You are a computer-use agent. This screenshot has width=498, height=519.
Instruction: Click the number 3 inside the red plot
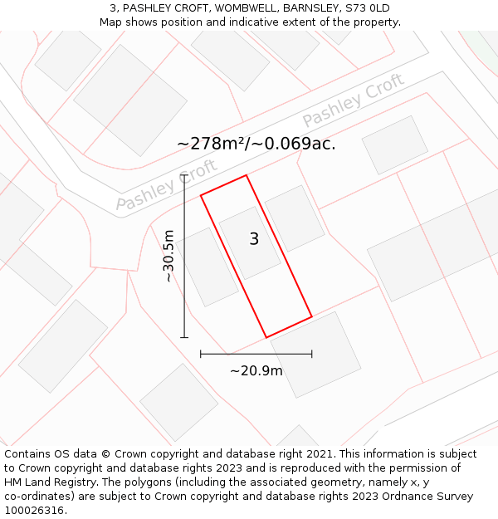[x=254, y=239]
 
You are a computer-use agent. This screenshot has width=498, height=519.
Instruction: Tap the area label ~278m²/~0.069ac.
[x=256, y=144]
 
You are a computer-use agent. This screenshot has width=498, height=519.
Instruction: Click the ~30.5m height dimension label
[x=168, y=256]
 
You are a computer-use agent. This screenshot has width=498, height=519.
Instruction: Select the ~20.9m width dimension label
[x=256, y=370]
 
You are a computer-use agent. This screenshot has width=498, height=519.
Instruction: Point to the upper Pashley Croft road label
[x=353, y=100]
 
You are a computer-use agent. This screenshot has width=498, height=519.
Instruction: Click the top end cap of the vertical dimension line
[x=184, y=175]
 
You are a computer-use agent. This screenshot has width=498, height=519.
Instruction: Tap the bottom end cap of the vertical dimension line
[x=184, y=337]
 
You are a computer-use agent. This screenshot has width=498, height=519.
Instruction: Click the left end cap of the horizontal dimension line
[x=201, y=354]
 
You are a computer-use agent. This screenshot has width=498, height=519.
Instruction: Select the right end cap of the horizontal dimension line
[x=312, y=354]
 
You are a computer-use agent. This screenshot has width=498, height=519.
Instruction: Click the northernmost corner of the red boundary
[x=247, y=175]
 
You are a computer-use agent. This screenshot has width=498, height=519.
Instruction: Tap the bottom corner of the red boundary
[x=266, y=337]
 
